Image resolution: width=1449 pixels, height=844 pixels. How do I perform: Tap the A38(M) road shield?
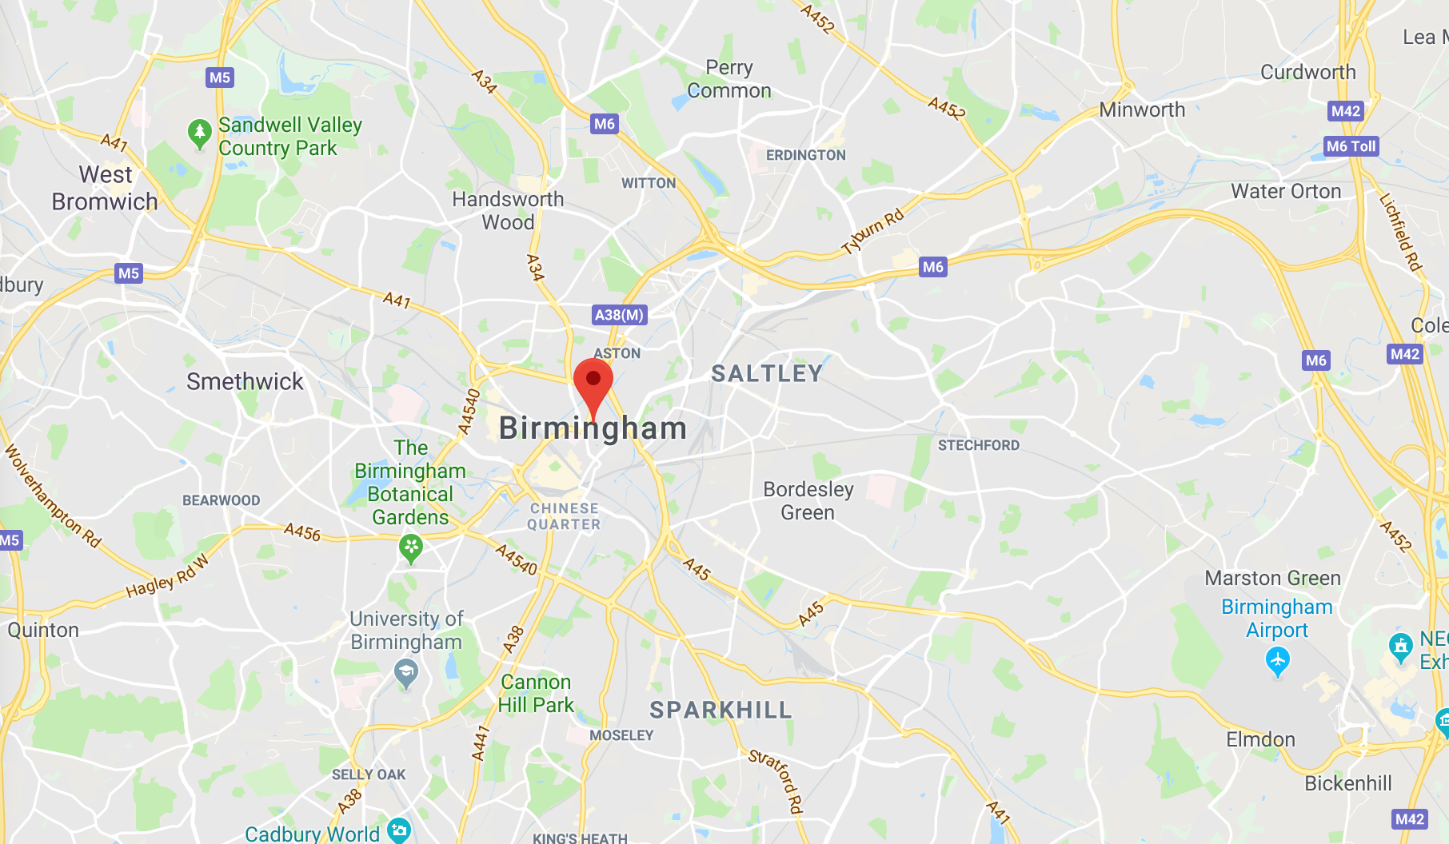pos(619,315)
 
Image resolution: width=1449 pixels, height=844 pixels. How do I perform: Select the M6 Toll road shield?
pos(1351,146)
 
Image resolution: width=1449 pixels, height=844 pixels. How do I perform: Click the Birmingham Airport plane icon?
pos(1278,661)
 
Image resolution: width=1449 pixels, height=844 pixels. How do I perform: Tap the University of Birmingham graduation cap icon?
pos(406,674)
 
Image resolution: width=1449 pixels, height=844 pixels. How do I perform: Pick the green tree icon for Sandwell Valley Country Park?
pos(199,133)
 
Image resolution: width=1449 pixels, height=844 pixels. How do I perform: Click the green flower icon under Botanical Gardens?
pos(411,547)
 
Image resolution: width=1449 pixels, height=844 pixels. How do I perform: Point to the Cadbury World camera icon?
pos(398,830)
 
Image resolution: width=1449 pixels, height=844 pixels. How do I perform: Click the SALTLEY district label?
pos(767,373)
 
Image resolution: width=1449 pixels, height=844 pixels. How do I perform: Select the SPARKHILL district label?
pos(721,710)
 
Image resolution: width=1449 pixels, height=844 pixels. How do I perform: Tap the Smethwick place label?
pos(245,381)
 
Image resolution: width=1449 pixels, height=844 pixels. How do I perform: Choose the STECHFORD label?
pos(979,445)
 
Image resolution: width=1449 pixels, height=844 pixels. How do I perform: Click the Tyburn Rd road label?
pos(873,231)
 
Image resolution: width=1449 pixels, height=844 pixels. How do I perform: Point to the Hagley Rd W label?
pos(168,577)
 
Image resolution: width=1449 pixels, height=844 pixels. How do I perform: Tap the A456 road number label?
pos(302,531)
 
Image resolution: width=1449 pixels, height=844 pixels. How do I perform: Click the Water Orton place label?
pos(1286,191)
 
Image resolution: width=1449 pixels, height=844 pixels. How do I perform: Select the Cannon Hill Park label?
pos(536,693)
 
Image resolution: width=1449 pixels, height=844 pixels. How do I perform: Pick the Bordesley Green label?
pos(808,500)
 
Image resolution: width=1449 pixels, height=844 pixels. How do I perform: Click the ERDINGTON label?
pos(805,155)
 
